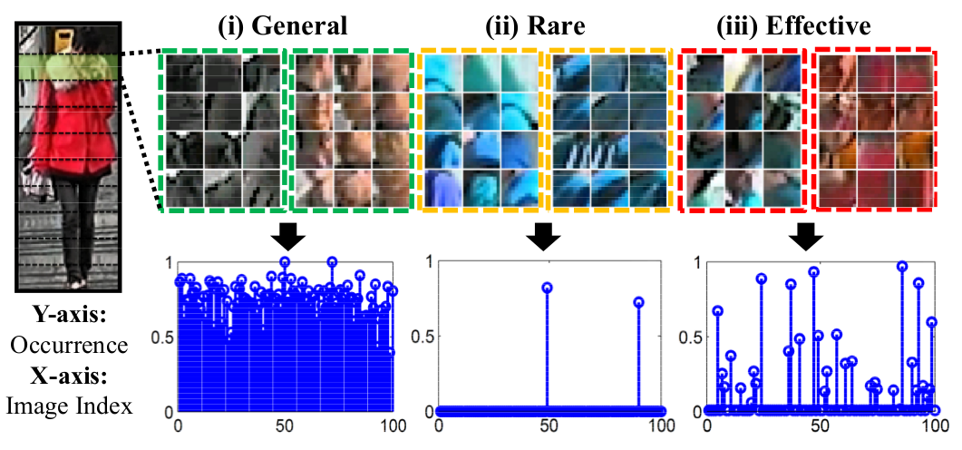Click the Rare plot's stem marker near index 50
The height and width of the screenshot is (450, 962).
click(548, 288)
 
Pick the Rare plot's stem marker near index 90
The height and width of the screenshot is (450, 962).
click(638, 302)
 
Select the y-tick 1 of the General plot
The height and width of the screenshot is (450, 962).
click(165, 262)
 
